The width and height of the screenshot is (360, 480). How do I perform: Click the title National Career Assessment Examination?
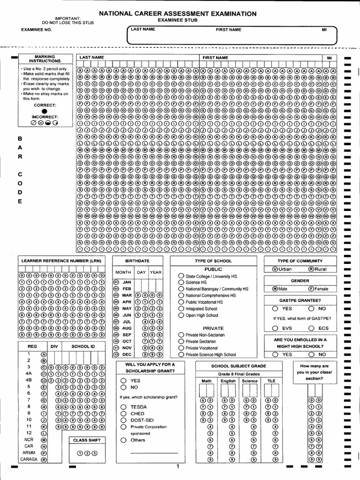(x=178, y=14)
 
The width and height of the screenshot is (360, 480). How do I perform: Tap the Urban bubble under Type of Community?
(x=275, y=269)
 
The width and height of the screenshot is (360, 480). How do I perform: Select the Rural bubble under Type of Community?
(x=311, y=269)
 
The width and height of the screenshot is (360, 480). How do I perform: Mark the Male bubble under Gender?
(x=275, y=289)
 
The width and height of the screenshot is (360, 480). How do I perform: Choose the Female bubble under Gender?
(x=311, y=289)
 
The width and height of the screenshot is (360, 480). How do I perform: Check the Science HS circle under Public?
(x=181, y=283)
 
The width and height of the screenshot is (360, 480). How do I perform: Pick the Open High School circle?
(x=181, y=315)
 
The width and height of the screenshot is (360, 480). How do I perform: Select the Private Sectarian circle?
(x=181, y=342)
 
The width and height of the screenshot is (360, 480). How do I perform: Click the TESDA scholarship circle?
(x=123, y=407)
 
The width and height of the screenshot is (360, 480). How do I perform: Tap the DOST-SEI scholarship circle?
(x=123, y=420)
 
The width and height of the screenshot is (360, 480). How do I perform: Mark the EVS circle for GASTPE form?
(x=275, y=328)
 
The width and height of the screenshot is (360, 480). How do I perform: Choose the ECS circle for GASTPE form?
(x=311, y=328)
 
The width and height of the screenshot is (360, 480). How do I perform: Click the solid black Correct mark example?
(x=45, y=111)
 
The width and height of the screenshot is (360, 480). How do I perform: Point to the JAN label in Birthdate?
(x=127, y=282)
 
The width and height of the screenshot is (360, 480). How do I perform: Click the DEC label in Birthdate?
(x=127, y=354)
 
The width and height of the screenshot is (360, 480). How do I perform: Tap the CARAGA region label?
(x=30, y=460)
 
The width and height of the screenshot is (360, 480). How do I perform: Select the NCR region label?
(x=29, y=440)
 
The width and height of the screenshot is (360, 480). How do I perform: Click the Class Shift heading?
(x=87, y=440)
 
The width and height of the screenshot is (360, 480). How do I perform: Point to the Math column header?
(x=206, y=381)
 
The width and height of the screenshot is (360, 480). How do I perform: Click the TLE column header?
(x=271, y=381)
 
